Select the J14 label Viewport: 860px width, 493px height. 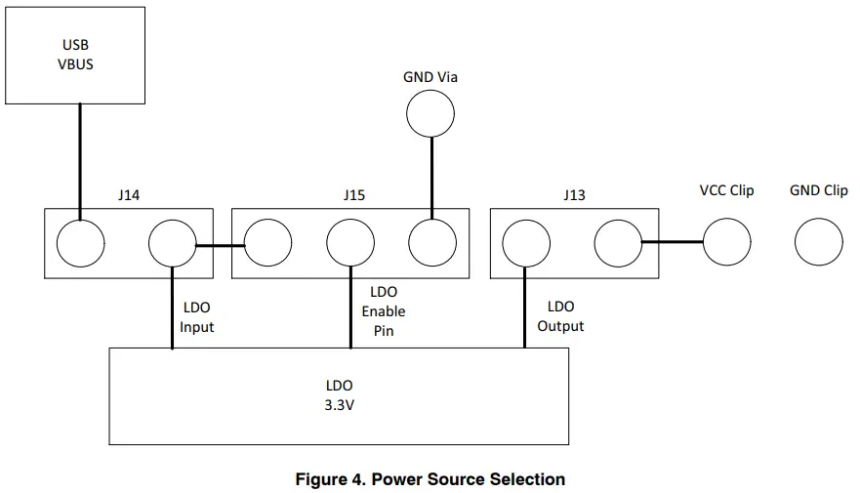[x=128, y=195]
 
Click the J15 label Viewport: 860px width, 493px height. [x=353, y=195]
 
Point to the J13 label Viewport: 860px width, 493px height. [x=574, y=195]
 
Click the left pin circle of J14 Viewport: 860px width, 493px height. [x=81, y=242]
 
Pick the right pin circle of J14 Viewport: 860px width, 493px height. [x=172, y=242]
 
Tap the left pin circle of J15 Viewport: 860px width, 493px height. [x=267, y=242]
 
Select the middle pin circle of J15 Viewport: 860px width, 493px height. [x=350, y=242]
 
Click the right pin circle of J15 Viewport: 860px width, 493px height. [x=432, y=242]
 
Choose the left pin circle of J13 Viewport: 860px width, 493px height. [x=526, y=242]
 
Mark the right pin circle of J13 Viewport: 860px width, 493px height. [x=617, y=242]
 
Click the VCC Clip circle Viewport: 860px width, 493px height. [x=726, y=241]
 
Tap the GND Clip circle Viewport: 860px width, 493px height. [x=818, y=241]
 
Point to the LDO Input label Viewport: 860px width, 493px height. [x=196, y=317]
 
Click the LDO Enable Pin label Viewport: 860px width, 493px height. [x=383, y=310]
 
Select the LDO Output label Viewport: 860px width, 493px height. [x=560, y=316]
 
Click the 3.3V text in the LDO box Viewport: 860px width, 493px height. [x=338, y=405]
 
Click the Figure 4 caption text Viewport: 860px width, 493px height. [x=430, y=479]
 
